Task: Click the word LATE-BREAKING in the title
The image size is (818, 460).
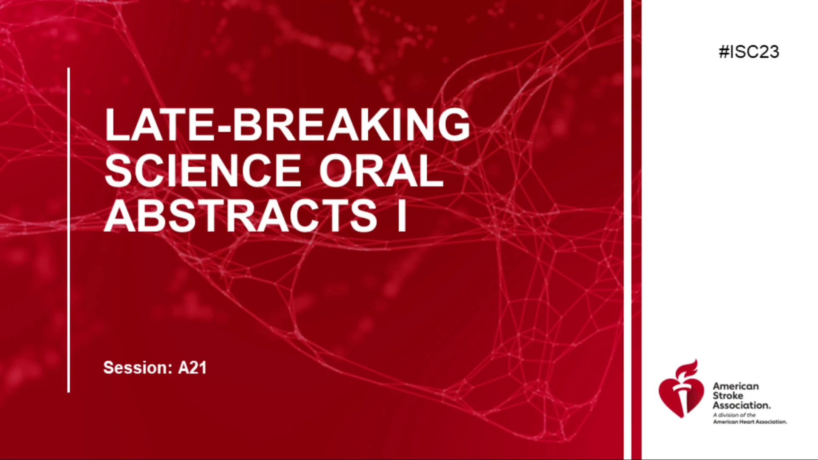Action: point(288,124)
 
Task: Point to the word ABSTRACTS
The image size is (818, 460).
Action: point(241,216)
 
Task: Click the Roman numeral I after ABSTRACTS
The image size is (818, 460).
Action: point(401,216)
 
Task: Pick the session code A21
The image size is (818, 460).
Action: point(192,368)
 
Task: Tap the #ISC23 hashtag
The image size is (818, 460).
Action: point(749,52)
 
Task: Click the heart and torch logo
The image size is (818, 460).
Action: point(680,388)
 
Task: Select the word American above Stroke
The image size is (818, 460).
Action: point(736,386)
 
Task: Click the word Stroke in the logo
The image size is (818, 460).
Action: point(728,396)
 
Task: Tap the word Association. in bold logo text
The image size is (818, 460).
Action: point(742,405)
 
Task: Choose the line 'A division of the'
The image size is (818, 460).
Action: point(734,415)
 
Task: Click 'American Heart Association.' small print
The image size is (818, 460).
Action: point(750,422)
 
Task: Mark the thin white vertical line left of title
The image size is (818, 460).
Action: point(69,230)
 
